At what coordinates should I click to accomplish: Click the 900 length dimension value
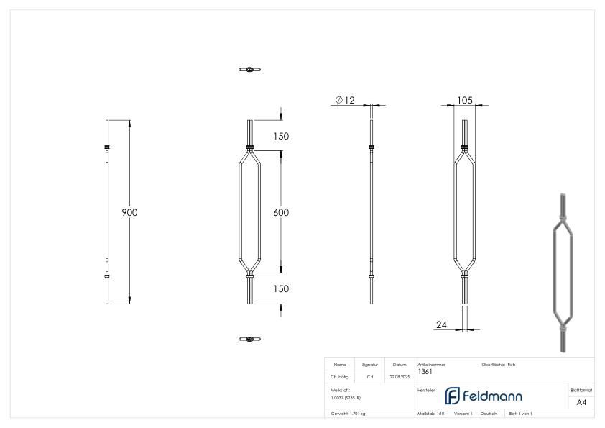point(129,212)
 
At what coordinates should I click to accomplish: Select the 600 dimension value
point(281,212)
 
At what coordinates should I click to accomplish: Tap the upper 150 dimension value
point(281,136)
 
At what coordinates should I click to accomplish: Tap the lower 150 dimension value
point(281,288)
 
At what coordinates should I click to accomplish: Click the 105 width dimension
point(464,100)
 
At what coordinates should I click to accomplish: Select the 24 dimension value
point(443,324)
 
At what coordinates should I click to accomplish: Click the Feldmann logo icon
point(453,396)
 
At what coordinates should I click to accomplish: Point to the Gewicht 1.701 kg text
point(348,414)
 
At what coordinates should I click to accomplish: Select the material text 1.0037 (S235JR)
point(346,398)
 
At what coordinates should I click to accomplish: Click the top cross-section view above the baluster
point(249,70)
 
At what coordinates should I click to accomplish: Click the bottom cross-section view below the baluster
point(249,339)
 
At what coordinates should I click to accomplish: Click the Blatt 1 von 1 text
point(520,414)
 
